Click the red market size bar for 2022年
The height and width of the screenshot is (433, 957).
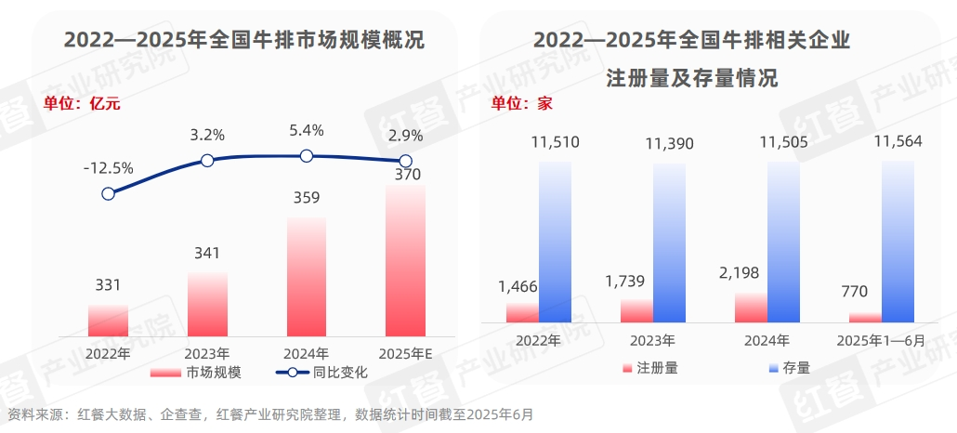[x=108, y=320]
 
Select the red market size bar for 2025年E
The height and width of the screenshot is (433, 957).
[x=404, y=260]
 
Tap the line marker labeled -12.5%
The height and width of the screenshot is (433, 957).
[x=109, y=193]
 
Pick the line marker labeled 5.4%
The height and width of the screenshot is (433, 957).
[x=307, y=156]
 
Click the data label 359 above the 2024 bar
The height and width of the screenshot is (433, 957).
[x=307, y=198]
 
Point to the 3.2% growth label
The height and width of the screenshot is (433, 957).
[x=207, y=135]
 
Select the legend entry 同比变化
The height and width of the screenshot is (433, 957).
[x=321, y=373]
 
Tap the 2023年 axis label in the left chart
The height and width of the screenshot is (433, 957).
[x=207, y=354]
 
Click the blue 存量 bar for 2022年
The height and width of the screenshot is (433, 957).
[x=555, y=242]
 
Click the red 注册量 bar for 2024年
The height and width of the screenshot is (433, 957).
[x=751, y=308]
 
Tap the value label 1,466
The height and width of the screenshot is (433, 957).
[x=518, y=287]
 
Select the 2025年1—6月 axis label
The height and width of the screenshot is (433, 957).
[x=882, y=340]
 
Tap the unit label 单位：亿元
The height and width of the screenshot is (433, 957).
[x=82, y=104]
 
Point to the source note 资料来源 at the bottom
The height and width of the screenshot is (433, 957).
[x=269, y=414]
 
